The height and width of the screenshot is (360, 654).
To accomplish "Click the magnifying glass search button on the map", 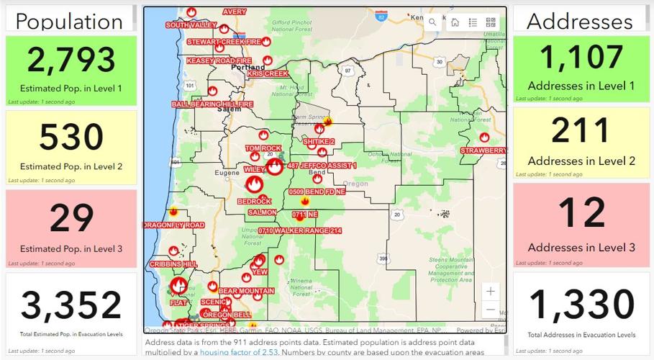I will pyautogui.click(x=432, y=22).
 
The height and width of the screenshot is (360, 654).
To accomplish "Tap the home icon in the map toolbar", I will pyautogui.click(x=455, y=22).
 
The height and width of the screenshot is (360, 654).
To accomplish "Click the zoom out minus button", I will pyautogui.click(x=490, y=310).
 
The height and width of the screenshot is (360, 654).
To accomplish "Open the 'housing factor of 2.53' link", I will pyautogui.click(x=233, y=353).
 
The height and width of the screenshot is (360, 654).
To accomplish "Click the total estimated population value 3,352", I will pyautogui.click(x=71, y=305).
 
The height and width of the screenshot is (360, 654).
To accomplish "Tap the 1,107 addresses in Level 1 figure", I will pyautogui.click(x=581, y=57).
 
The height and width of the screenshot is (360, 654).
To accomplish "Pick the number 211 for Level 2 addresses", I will pyautogui.click(x=581, y=131).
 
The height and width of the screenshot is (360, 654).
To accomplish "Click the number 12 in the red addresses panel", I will pyautogui.click(x=581, y=214).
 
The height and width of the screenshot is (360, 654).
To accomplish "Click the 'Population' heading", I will pyautogui.click(x=69, y=21).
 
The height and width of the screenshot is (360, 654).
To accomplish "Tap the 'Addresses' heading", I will pyautogui.click(x=580, y=21).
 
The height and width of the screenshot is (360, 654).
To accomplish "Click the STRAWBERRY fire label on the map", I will pyautogui.click(x=483, y=150).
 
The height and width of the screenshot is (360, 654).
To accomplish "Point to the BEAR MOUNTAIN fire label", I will pyautogui.click(x=246, y=291).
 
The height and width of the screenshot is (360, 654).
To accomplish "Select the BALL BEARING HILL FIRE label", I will pyautogui.click(x=212, y=104).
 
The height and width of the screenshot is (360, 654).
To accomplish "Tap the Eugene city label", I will pyautogui.click(x=227, y=174).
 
